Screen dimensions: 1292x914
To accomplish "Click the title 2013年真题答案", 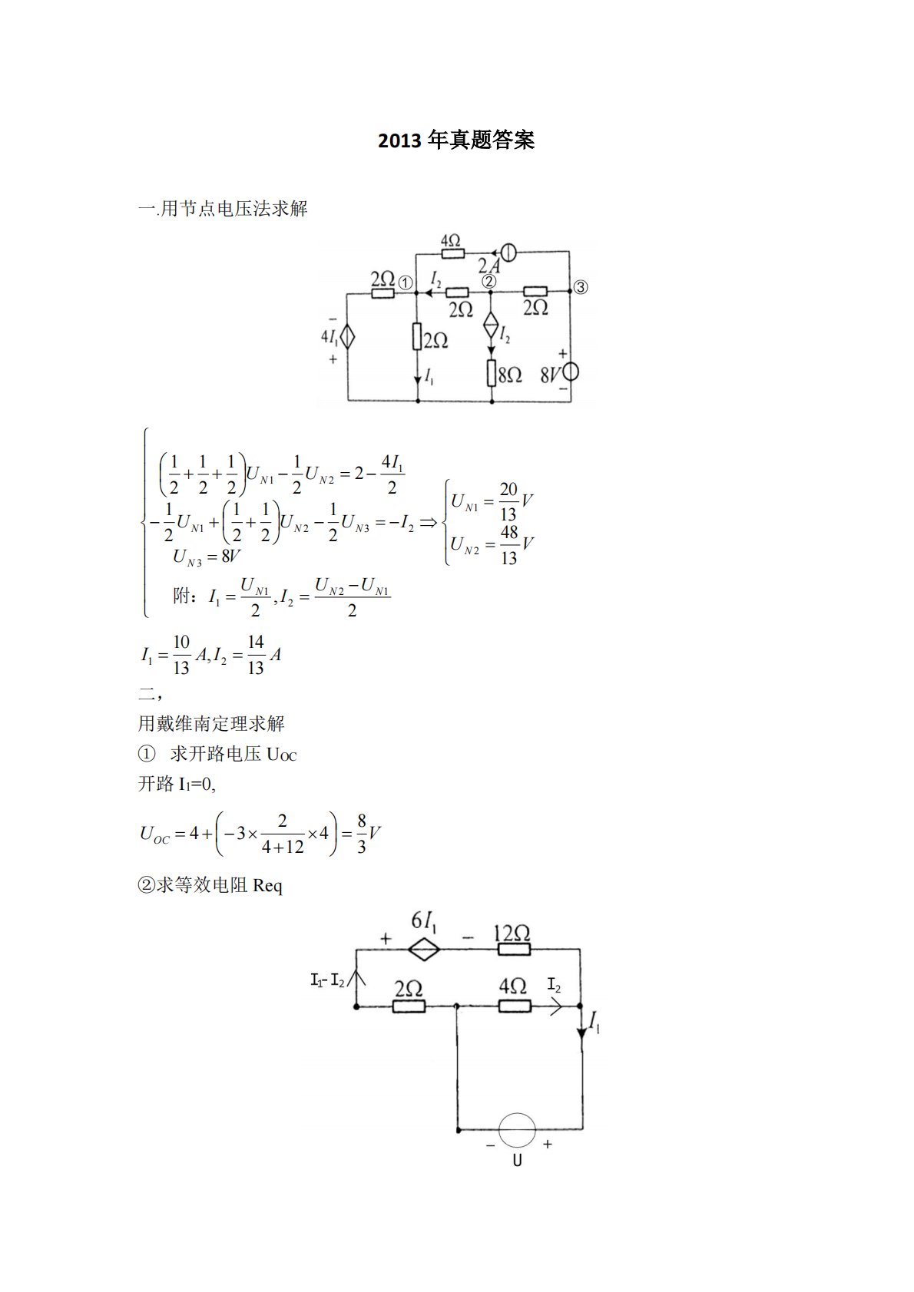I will click(456, 140).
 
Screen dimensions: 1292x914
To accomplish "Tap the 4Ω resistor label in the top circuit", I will click(451, 241).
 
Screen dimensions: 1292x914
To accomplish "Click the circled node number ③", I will click(581, 287).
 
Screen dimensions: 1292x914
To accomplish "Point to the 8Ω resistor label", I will click(510, 375).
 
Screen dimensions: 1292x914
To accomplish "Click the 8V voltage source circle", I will click(570, 372).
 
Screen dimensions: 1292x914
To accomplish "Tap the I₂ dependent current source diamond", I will click(491, 325).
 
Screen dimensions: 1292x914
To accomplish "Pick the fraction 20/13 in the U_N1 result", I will click(508, 501).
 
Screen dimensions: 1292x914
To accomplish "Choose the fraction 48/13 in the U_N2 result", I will click(508, 545).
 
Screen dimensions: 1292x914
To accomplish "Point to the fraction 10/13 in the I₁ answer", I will click(181, 655).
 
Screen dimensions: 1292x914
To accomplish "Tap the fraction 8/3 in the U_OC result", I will click(362, 834).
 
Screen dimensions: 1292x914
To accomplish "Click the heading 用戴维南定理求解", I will click(211, 723).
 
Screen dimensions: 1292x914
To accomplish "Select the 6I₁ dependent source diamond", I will click(423, 950).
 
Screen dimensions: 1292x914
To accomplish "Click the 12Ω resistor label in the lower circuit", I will click(512, 933).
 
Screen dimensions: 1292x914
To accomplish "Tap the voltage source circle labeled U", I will click(517, 1130).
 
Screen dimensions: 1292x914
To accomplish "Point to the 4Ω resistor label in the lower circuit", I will click(512, 986).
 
